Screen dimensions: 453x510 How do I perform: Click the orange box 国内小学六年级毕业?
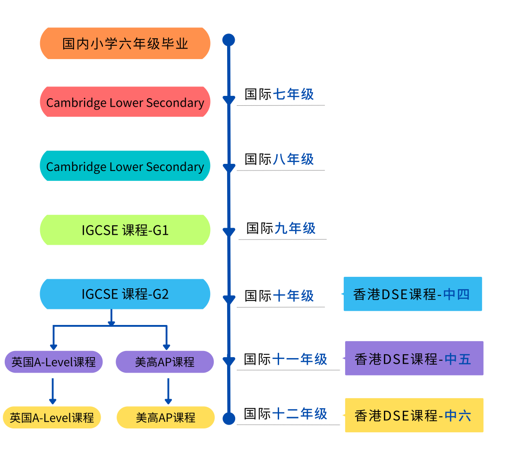tap(125, 44)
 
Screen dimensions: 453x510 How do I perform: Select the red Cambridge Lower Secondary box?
tap(125, 103)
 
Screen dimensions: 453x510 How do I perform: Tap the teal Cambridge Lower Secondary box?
tap(125, 166)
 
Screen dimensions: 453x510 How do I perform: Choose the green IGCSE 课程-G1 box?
tap(125, 230)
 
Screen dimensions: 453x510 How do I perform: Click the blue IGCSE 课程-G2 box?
tap(125, 294)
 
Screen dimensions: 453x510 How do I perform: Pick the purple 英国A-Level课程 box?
tap(53, 362)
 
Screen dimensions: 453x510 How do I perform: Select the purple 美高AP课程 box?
tap(165, 362)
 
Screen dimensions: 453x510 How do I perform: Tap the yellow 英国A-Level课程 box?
tap(52, 418)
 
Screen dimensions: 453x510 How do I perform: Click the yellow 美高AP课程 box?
tap(166, 418)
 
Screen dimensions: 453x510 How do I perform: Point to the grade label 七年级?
tap(293, 94)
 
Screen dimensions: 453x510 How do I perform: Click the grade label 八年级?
tap(293, 159)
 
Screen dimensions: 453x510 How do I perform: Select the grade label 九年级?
tap(295, 229)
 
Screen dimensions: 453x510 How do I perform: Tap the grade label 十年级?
tap(293, 296)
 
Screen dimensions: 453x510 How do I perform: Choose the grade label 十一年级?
tap(300, 359)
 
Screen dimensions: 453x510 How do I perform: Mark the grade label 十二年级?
tap(300, 414)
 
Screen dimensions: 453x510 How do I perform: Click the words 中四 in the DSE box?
tap(456, 294)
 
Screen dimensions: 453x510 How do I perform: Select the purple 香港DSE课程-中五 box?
tap(414, 359)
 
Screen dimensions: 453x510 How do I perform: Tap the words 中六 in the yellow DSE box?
tap(458, 415)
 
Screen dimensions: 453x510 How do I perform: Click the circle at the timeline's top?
tap(229, 40)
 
